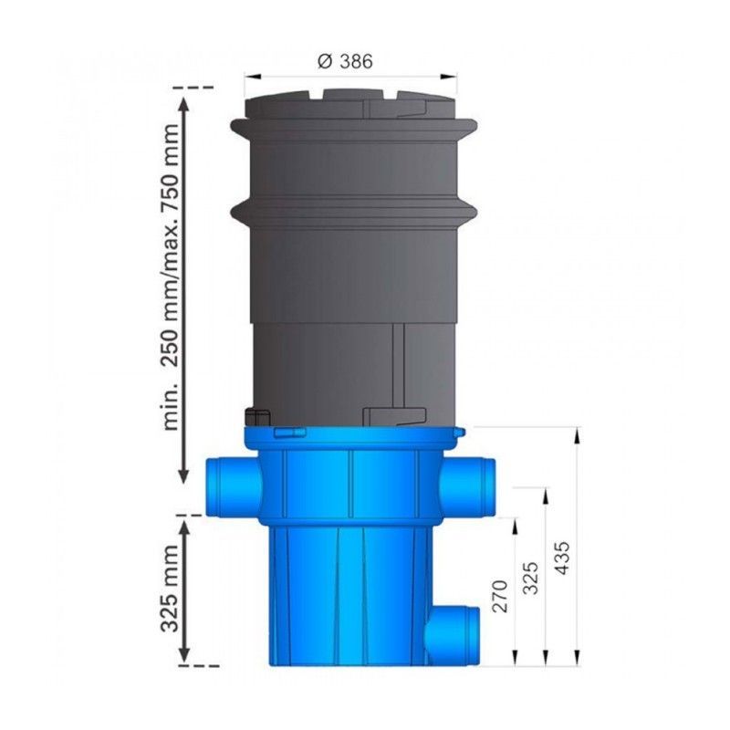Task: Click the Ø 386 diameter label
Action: (345, 61)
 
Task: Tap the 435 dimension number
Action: (561, 558)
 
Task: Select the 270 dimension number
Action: (499, 596)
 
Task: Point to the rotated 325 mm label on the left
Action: (170, 588)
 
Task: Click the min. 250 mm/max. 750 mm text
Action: (170, 276)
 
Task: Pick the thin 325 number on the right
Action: (531, 578)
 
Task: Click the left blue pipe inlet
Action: (233, 486)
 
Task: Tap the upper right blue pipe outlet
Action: (467, 486)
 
